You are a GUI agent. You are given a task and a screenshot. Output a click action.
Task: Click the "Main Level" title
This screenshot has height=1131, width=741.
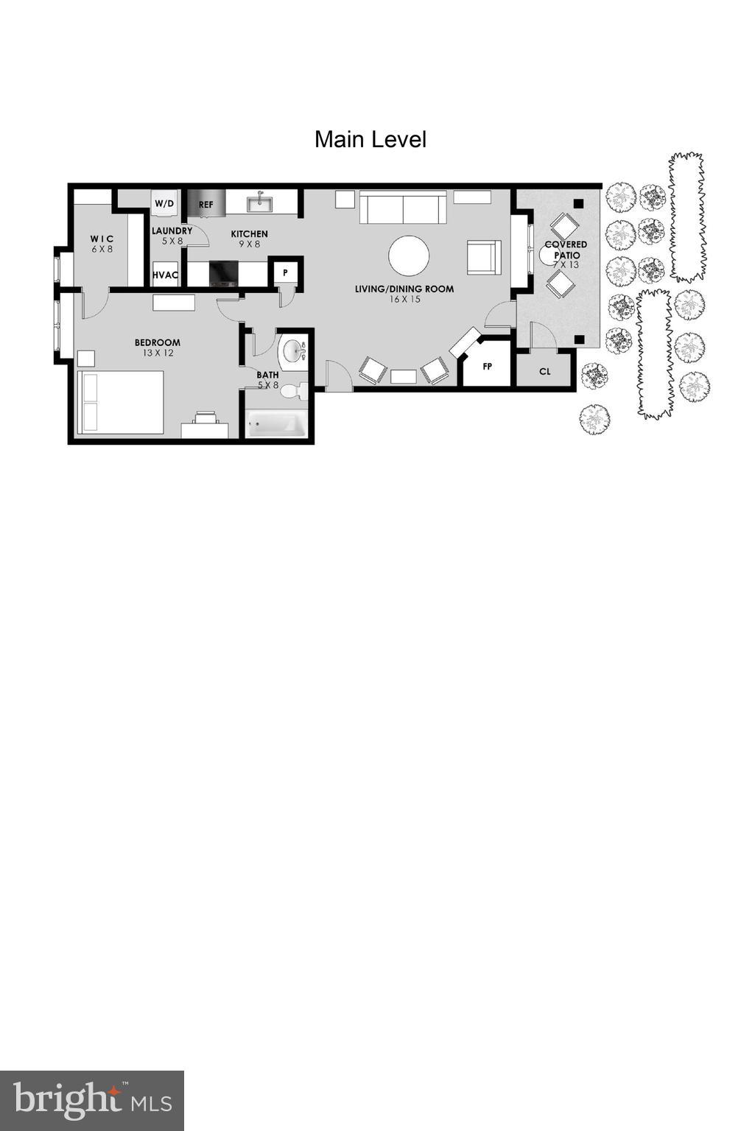(370, 139)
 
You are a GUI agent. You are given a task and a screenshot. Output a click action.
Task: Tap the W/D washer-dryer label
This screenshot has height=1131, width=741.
(164, 203)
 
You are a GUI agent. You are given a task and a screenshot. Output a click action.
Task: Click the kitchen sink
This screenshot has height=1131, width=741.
(259, 202)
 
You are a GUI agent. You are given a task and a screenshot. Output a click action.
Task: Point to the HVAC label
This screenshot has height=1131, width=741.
(166, 275)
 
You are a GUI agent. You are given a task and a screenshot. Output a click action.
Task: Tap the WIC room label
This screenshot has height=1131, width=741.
(102, 239)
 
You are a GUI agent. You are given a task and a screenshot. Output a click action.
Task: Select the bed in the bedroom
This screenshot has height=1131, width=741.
(121, 402)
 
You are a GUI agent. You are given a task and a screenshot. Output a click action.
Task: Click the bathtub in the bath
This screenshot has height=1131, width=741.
(276, 424)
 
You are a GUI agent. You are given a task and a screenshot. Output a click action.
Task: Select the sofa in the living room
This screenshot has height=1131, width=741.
(403, 208)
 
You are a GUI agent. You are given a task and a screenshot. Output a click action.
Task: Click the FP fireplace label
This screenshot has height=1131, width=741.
(487, 366)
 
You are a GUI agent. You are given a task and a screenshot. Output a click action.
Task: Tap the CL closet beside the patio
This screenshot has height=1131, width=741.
(545, 371)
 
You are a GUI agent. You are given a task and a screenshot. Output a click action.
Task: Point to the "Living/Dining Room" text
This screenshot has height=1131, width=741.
(404, 289)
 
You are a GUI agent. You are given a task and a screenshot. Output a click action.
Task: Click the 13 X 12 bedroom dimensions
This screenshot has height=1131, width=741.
(158, 353)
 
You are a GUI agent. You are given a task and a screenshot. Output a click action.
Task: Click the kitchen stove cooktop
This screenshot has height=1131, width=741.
(223, 274)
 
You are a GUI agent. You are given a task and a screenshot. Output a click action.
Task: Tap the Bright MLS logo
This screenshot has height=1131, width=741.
(92, 1100)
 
